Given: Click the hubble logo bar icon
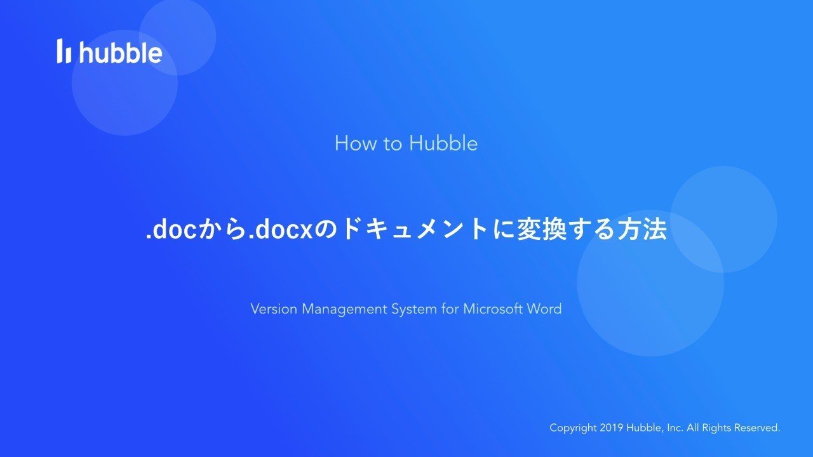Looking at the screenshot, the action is click(64, 51).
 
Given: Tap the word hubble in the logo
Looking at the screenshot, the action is click(121, 52).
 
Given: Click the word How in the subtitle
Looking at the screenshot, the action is click(356, 143).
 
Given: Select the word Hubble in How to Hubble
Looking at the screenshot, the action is click(443, 143).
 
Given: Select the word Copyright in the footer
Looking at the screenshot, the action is click(573, 428).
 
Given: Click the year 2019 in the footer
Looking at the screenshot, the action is click(612, 428).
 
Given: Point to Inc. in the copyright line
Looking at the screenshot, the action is click(675, 428).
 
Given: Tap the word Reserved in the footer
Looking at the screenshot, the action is click(757, 428).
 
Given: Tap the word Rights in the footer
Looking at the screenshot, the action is click(716, 428).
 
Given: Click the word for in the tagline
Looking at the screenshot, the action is click(450, 309).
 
